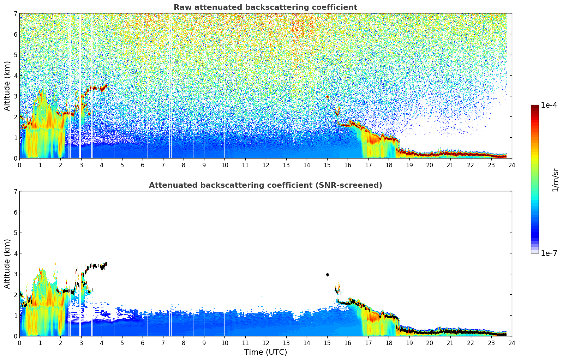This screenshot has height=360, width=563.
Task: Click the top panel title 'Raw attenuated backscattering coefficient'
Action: tap(265, 7)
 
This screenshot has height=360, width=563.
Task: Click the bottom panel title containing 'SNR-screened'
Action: tap(265, 185)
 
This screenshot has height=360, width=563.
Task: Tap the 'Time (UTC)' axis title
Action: tap(265, 352)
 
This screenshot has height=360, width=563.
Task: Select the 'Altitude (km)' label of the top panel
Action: tap(7, 86)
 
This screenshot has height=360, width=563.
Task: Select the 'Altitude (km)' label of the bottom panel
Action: tap(7, 264)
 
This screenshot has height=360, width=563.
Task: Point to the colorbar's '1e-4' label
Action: tap(549, 105)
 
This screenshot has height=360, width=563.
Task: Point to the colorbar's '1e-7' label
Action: tap(549, 253)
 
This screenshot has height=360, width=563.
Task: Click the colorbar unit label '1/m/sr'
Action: tap(555, 180)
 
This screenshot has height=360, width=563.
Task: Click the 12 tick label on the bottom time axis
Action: tap(265, 343)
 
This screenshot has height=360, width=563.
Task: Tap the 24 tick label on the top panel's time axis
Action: tap(511, 165)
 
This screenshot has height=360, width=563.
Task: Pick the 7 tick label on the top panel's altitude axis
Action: tap(15, 14)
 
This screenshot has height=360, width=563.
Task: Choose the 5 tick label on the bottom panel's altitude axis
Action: tap(15, 233)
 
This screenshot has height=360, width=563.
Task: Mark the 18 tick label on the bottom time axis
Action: tap(389, 343)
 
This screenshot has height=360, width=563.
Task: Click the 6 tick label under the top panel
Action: tap(143, 165)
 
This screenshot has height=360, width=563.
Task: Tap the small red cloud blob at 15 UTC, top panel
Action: tap(327, 97)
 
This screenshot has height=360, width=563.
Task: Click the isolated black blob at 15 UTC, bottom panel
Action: tap(327, 275)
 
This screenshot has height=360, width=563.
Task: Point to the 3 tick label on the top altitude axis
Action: tap(15, 96)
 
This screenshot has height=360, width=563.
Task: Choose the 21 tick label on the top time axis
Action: tap(450, 165)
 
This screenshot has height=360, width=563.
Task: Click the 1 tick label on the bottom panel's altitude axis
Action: tap(15, 316)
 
